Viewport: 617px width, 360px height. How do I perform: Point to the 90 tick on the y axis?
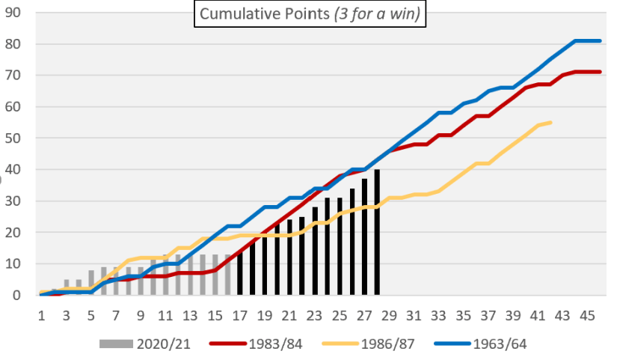(15, 13)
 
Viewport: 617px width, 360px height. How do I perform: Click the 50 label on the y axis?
(15, 138)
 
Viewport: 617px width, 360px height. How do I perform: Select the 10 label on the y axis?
(15, 264)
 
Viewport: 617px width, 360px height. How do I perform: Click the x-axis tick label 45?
(589, 314)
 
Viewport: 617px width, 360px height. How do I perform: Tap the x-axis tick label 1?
(41, 314)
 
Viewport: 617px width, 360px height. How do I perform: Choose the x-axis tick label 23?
(315, 314)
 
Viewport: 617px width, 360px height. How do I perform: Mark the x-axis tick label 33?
(439, 314)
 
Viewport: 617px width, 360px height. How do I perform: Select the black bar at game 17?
(240, 273)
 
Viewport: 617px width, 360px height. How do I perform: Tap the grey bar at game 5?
(90, 283)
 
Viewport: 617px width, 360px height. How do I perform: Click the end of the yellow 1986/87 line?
(551, 122)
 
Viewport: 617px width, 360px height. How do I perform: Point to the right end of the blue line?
(601, 40)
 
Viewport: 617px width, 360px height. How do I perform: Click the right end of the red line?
(601, 72)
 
